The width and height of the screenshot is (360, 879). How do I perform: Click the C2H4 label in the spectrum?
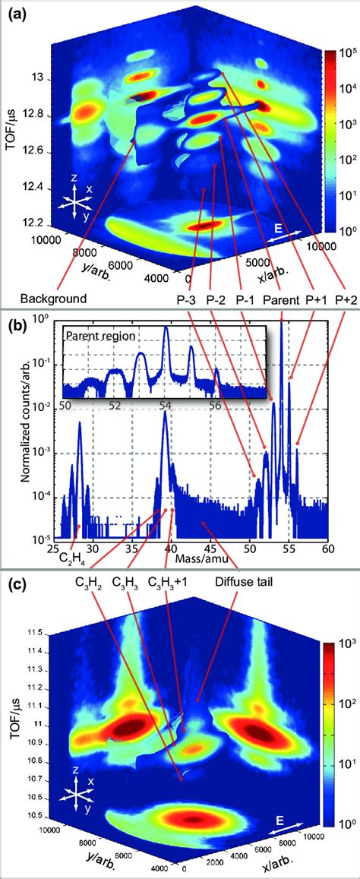tap(74, 560)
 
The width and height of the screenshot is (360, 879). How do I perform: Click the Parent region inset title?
tap(98, 334)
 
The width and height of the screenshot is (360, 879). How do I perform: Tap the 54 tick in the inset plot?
tap(165, 406)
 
